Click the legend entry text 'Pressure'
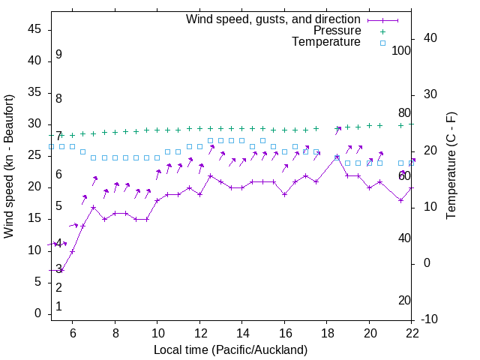pos(337,31)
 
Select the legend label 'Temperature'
pos(326,42)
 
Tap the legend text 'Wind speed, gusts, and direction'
pos(273,19)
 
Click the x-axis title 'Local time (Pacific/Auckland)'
pos(230,350)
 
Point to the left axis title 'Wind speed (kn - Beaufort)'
pos(9,166)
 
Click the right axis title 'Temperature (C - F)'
pos(451,166)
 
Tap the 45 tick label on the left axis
pos(35,29)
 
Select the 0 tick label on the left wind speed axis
pos(38,314)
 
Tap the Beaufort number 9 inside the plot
pos(58,55)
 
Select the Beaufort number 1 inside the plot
pos(58,307)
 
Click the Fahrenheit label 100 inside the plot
pos(402,50)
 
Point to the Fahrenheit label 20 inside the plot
pos(404,300)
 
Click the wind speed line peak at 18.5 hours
pos(337,157)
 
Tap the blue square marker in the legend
pos(382,43)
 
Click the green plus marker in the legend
pos(382,31)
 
